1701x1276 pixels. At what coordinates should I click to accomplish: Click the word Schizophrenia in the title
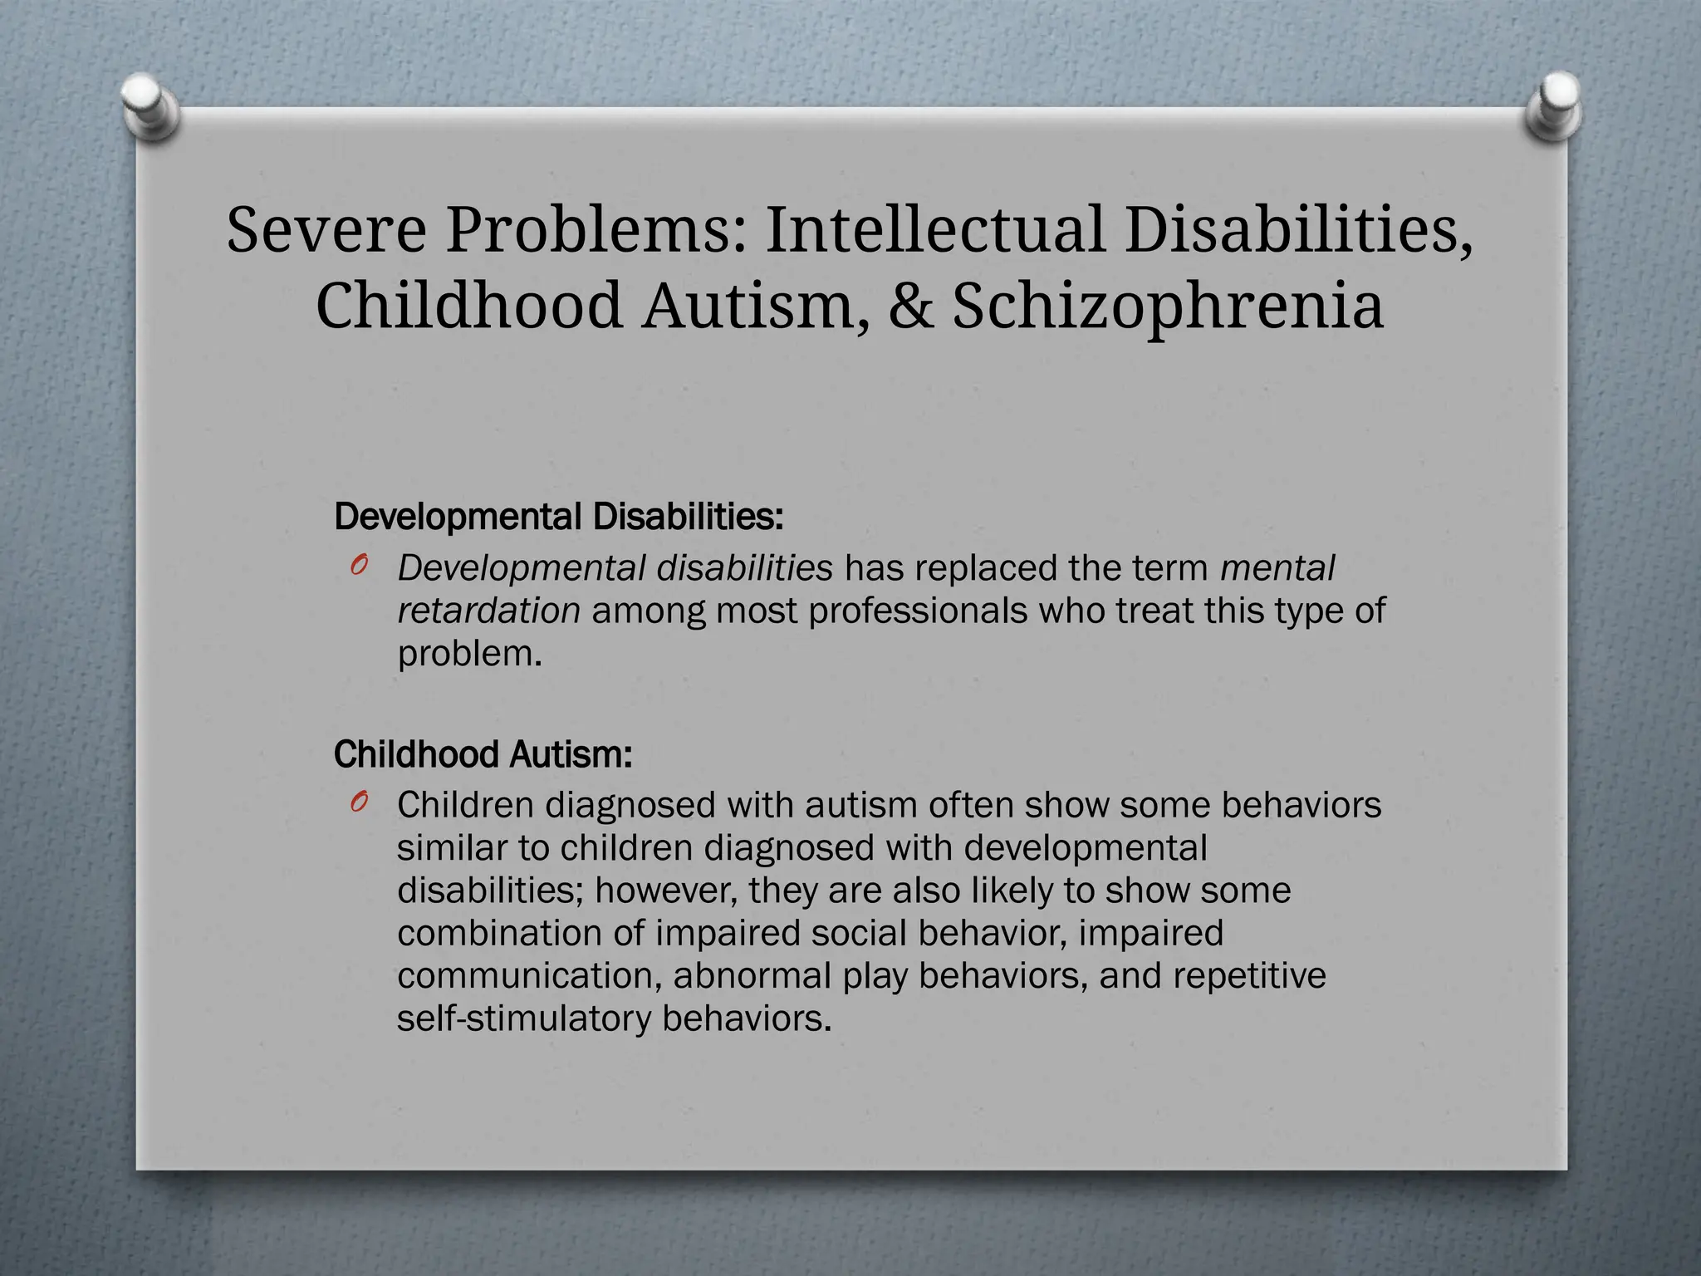tap(1168, 306)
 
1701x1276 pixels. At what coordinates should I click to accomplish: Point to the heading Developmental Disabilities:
tap(558, 517)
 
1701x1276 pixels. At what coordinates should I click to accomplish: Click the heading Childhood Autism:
tap(483, 754)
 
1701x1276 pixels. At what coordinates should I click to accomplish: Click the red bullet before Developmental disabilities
tap(359, 567)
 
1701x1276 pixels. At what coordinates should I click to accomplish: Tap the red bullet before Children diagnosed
tap(359, 802)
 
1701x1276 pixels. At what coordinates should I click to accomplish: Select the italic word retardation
tap(488, 611)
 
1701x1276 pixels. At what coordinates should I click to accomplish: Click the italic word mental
tap(1277, 568)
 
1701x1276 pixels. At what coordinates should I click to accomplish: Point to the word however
tap(665, 891)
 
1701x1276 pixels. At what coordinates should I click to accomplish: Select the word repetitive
tap(1249, 975)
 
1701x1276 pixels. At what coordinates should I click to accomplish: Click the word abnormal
tap(752, 975)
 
